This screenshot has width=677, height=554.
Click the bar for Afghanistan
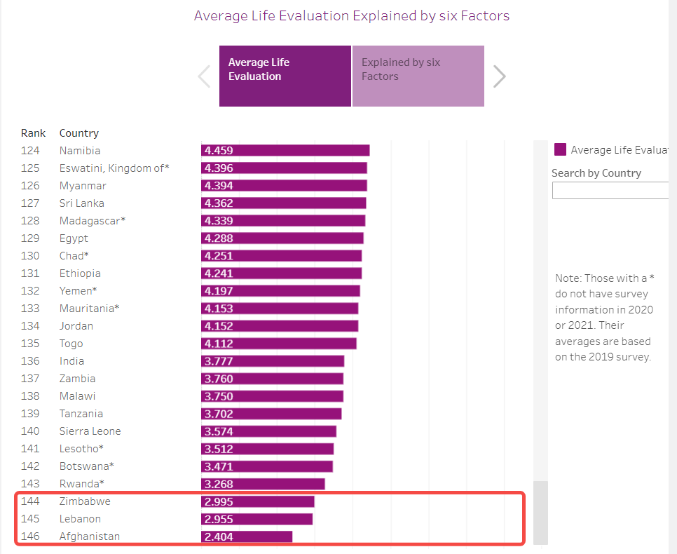246,536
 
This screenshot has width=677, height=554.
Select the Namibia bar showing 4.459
285,151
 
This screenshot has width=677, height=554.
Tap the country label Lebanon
80,519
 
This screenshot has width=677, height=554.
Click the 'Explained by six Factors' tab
418,76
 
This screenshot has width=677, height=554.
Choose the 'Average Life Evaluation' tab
285,76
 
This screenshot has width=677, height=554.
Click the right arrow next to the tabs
499,76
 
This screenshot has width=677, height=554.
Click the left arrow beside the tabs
204,76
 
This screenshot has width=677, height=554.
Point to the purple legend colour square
560,149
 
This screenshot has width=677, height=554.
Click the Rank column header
33,133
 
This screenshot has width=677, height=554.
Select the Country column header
78,133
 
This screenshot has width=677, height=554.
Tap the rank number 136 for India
30,361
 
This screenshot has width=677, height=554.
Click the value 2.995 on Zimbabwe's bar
218,502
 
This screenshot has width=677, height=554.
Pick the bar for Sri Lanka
283,203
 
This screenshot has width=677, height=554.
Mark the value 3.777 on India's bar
218,362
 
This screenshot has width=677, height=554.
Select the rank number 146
30,536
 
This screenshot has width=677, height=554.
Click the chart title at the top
351,15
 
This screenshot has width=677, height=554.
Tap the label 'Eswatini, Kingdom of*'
114,168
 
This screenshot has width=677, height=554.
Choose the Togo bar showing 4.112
278,344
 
